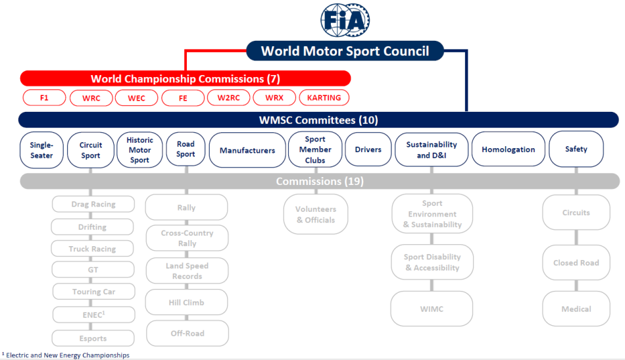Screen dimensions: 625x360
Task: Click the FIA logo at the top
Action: pos(345,20)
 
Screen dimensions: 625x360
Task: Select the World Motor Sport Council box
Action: pos(345,51)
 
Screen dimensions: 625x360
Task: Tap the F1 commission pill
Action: pos(44,97)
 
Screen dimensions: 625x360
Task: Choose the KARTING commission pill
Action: pos(324,97)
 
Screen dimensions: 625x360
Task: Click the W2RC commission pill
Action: pos(229,97)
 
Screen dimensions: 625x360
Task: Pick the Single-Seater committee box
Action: pos(41,150)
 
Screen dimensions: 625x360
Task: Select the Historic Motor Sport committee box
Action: pos(139,150)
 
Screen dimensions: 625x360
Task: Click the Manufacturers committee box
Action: pos(247,150)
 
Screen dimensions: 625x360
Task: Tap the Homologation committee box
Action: pos(508,149)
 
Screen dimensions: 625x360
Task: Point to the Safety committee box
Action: pos(576,149)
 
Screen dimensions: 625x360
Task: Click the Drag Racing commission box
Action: pos(93,204)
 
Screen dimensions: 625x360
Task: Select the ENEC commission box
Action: pos(93,315)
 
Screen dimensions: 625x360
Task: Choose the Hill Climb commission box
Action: pos(187,303)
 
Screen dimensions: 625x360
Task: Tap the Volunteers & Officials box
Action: pos(316,214)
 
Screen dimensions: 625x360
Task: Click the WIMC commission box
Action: pos(432,309)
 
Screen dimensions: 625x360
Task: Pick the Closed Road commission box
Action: pos(576,263)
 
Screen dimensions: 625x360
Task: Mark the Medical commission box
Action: pos(576,309)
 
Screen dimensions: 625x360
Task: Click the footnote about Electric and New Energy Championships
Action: pos(66,355)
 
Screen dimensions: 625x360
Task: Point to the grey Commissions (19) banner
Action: pos(320,182)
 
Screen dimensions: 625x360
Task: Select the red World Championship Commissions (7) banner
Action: pos(186,78)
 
